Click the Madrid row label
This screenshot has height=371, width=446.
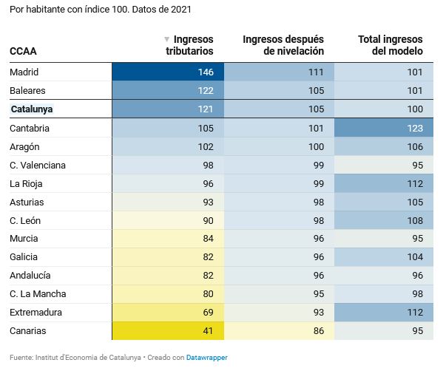point(24,72)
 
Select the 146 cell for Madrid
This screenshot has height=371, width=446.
point(167,72)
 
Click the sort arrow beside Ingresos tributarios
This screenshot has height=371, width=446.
point(166,39)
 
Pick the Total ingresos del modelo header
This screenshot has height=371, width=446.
point(390,45)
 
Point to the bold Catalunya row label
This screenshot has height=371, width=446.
point(33,109)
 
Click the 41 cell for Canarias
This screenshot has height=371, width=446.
point(167,331)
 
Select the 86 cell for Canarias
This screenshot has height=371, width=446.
point(278,331)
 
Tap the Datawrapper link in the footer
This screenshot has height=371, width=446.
point(207,358)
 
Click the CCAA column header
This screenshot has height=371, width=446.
point(23,52)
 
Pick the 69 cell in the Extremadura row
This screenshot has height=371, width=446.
point(167,313)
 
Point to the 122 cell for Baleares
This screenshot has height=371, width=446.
point(167,91)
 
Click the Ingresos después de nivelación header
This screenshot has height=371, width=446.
point(283,45)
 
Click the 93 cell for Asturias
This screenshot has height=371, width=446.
point(167,202)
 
